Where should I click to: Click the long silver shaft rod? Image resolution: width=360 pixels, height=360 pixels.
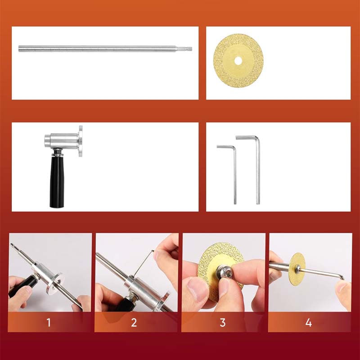pos(99,48)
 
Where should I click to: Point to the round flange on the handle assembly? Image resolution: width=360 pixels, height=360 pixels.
pos(81,141)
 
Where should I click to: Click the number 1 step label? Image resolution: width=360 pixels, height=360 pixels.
pos(49,322)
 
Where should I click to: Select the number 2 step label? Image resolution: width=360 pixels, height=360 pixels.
pos(134,322)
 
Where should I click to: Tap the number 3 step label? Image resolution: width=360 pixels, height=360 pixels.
pos(222,322)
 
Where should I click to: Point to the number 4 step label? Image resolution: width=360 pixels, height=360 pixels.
pos(308,322)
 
